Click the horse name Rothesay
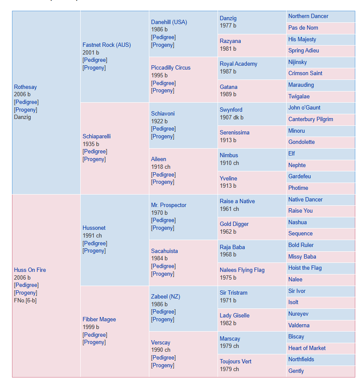pos(25,87)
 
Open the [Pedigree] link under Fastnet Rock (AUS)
pos(95,60)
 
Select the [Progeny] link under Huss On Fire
pos(26,293)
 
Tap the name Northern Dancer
pos(308,16)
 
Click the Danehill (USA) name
pos(169,22)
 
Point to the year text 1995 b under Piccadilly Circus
pos(159,75)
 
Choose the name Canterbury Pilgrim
pos(311,119)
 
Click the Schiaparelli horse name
pos(97,136)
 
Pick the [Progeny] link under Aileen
pos(163,182)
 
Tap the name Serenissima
pos(235,133)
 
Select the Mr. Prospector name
pos(169,205)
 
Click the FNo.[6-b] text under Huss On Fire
pos(25,301)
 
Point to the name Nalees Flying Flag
pos(242,270)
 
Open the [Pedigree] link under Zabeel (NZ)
pos(163,312)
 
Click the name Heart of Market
pos(307,348)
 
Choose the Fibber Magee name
pos(99,320)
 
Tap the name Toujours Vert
pos(236,361)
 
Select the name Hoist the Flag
pos(305,268)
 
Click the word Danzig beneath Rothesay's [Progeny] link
pos(22,117)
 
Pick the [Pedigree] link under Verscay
pos(163,358)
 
